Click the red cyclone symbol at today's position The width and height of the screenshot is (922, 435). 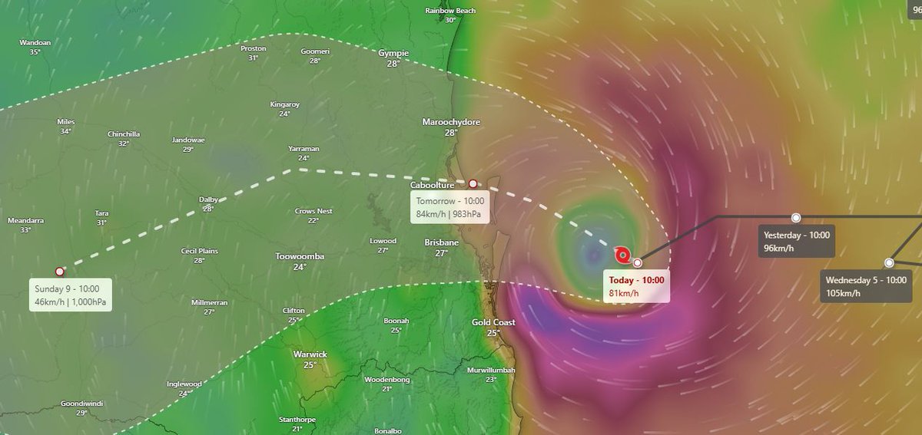[x=622, y=254]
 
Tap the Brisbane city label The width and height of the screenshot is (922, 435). [x=441, y=242]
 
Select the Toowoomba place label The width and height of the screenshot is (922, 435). [x=300, y=256]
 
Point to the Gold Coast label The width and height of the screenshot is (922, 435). [x=493, y=322]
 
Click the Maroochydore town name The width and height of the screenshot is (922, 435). [x=450, y=122]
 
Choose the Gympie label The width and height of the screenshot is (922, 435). [x=393, y=53]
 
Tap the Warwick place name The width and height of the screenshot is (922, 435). [x=310, y=354]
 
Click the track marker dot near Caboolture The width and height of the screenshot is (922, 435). [x=473, y=183]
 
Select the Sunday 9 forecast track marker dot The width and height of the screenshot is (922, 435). [x=60, y=271]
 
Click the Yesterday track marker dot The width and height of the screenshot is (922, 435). [x=796, y=218]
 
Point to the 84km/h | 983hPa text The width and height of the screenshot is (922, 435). [x=449, y=214]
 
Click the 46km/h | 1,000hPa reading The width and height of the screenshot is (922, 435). [x=70, y=302]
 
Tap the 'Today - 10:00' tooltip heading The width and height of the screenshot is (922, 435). [x=635, y=279]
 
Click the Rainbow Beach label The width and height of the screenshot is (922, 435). [x=450, y=11]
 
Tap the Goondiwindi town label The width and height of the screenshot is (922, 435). [x=82, y=403]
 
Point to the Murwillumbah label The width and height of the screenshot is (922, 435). [x=491, y=371]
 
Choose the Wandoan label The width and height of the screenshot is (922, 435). [x=35, y=43]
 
